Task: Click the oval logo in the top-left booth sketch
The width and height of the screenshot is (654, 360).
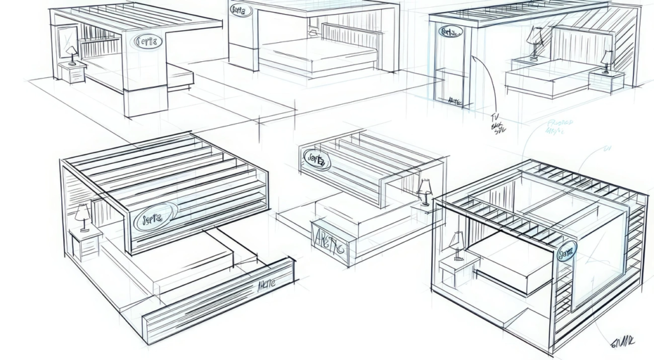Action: coord(149,41)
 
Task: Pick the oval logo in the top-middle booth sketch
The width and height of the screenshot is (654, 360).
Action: coord(241,10)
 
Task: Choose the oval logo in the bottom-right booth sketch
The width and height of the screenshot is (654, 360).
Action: coord(565,253)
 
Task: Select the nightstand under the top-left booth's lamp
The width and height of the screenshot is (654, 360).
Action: coord(72,73)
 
